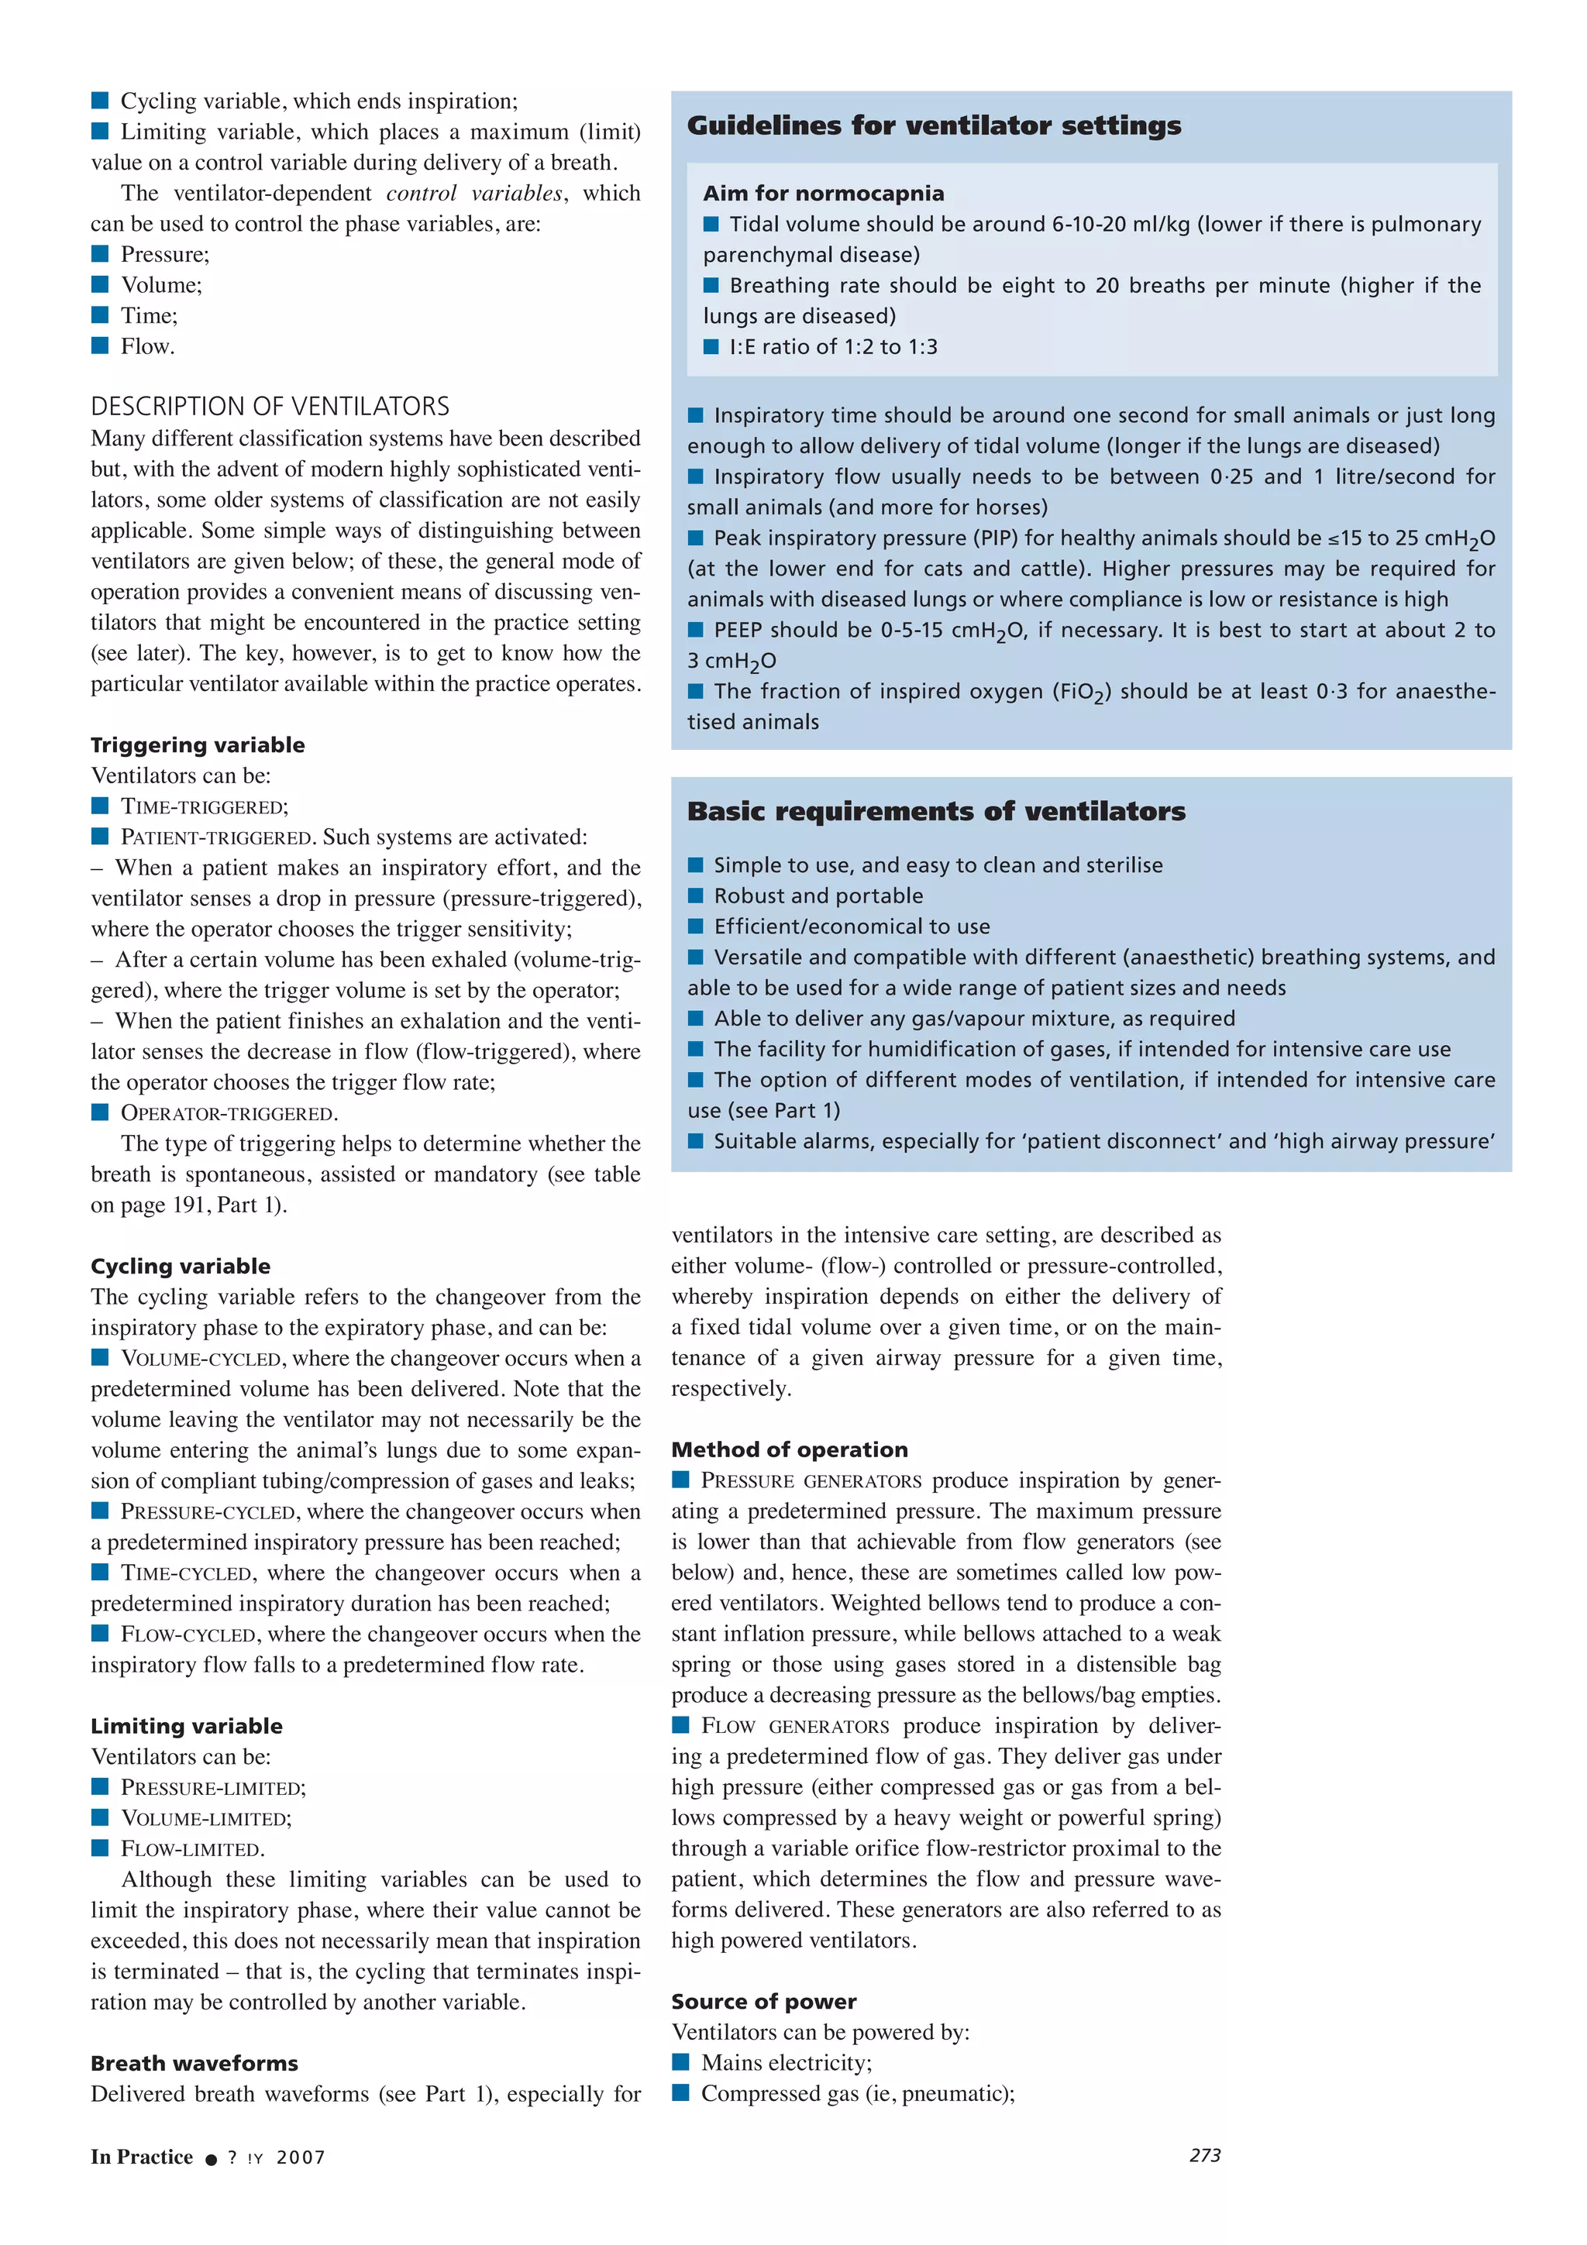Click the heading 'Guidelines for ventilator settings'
coord(934,125)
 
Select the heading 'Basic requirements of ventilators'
coord(936,812)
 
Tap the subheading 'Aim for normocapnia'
coord(823,194)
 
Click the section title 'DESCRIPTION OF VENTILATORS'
coord(270,406)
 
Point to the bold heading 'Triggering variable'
coord(198,745)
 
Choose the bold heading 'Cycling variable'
coord(180,1267)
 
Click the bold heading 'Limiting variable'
coord(186,1726)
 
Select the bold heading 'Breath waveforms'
coord(194,2063)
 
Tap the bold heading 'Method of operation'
coord(789,1450)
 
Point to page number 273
coord(1205,2155)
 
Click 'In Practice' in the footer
coord(142,2157)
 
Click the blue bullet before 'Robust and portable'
coord(695,896)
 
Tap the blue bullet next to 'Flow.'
coord(100,346)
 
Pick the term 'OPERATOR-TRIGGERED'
coord(228,1114)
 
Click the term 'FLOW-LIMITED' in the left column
coord(191,1849)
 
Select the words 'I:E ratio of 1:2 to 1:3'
coord(832,347)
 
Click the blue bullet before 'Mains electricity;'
coord(680,2062)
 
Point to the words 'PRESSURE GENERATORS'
coord(811,1480)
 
